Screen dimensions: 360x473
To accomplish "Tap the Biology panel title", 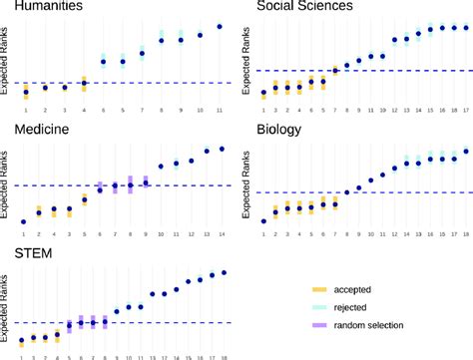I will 282,130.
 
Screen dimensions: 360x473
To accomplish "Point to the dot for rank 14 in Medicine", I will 222,149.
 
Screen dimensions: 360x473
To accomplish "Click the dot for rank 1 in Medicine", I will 24,221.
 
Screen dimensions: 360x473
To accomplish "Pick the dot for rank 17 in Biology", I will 466,152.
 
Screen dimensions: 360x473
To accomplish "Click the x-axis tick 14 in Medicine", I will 222,232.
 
